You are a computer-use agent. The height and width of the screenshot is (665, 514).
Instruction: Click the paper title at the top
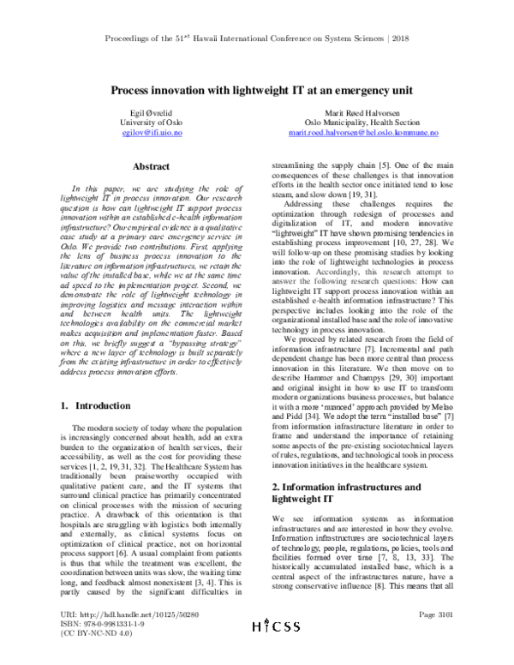256,89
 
